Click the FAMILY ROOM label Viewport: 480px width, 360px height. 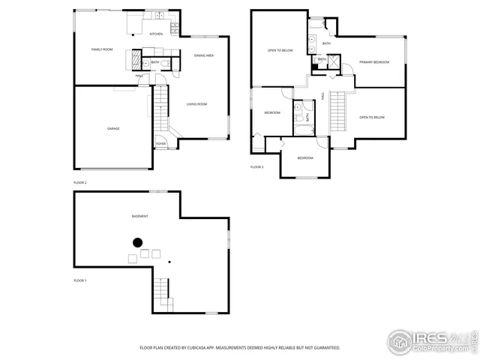(x=102, y=49)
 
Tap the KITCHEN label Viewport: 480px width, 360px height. (x=156, y=34)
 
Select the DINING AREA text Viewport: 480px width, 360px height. (x=204, y=55)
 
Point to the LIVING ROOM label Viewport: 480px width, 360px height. (x=196, y=104)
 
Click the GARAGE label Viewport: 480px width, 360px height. (x=112, y=128)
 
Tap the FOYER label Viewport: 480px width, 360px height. (x=160, y=143)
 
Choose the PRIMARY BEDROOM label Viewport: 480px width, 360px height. (x=373, y=62)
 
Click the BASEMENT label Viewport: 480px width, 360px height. (x=139, y=216)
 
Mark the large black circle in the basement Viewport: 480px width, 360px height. (x=138, y=242)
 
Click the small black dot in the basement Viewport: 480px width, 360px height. (x=169, y=262)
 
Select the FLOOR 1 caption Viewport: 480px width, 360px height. (x=80, y=280)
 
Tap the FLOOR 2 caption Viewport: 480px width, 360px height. (x=80, y=182)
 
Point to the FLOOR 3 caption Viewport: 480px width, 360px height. (x=256, y=166)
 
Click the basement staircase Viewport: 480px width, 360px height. (x=162, y=292)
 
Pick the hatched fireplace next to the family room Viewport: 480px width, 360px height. (x=136, y=60)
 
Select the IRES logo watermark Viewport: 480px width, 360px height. (x=431, y=340)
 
